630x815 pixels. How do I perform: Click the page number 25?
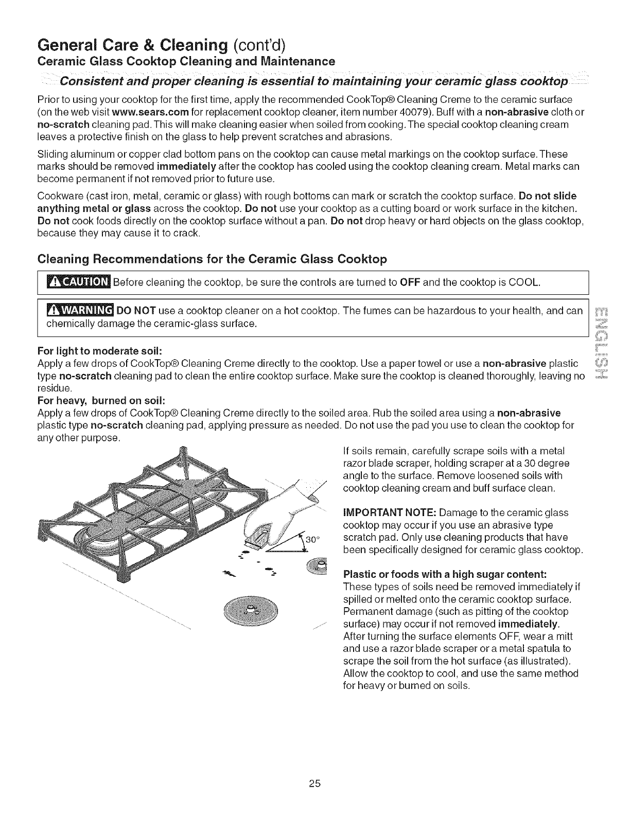(x=315, y=784)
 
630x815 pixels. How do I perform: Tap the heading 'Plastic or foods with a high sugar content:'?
(x=445, y=574)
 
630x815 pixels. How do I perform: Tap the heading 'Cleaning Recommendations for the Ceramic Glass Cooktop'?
(x=212, y=259)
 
